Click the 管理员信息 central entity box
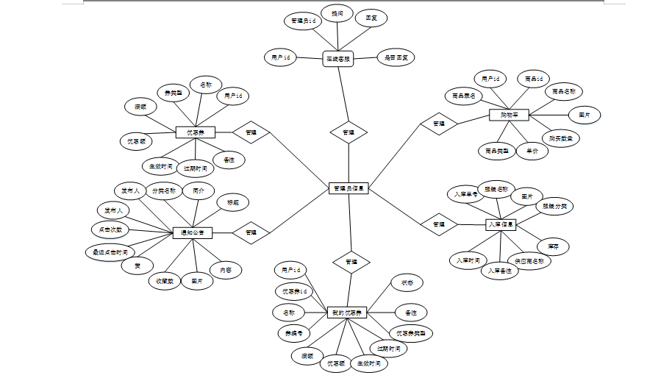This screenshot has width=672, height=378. click(348, 189)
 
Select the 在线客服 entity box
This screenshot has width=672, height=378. click(338, 59)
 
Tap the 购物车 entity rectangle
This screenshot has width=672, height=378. click(510, 115)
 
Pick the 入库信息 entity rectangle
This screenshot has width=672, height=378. click(501, 224)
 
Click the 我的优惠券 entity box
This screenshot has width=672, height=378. click(347, 313)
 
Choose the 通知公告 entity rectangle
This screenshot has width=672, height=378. click(193, 233)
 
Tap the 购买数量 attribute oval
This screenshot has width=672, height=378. click(560, 138)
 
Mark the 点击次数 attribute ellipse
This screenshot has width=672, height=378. click(110, 229)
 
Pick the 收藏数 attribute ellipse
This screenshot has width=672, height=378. click(165, 281)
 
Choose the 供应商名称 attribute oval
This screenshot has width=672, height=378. click(529, 260)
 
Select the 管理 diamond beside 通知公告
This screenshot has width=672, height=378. click(251, 232)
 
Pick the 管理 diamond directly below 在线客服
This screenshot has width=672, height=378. click(348, 133)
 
